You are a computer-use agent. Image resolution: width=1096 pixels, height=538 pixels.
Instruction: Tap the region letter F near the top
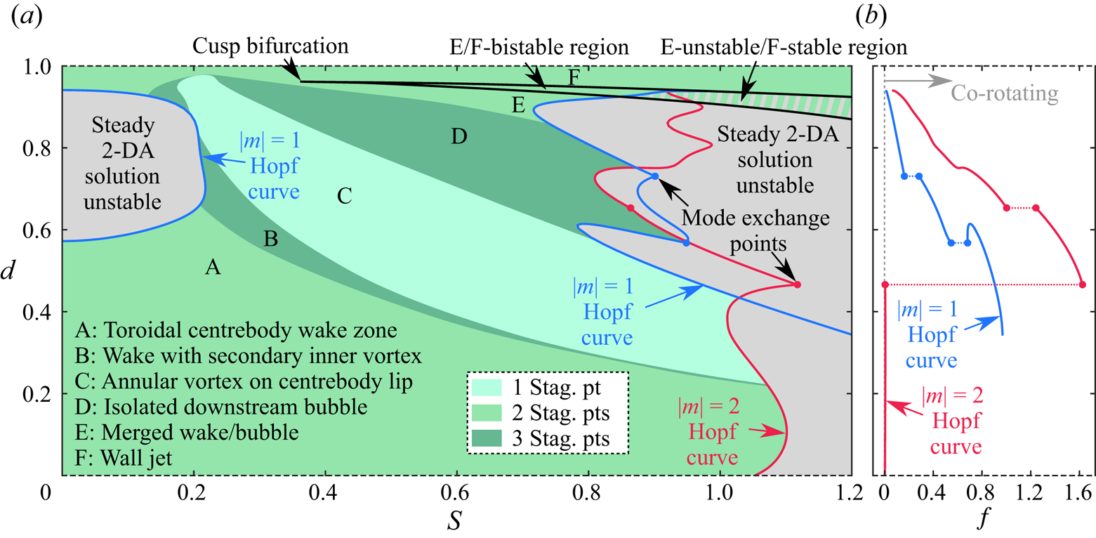point(574,77)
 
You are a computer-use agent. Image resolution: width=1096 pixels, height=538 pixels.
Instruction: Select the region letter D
point(459,136)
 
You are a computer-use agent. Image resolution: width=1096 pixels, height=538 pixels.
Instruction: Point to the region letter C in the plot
point(344,197)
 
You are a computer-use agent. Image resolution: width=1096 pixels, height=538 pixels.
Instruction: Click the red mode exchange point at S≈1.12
point(797,284)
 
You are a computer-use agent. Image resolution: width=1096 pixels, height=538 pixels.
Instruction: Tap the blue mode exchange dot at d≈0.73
point(654,176)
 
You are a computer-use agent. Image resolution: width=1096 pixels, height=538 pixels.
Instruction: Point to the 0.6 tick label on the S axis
point(457,494)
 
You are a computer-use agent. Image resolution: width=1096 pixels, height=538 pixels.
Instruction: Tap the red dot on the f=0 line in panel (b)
point(885,284)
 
